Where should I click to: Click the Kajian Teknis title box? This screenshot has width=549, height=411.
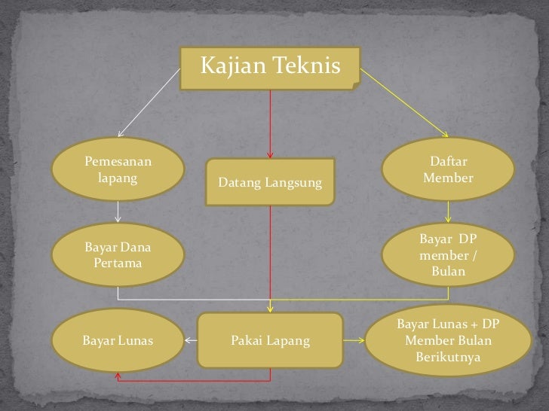click(x=270, y=68)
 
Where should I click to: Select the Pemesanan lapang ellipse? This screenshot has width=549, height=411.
click(x=118, y=169)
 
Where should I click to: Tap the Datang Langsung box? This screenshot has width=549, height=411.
click(x=270, y=181)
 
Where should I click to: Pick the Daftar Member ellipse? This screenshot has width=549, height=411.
click(x=448, y=169)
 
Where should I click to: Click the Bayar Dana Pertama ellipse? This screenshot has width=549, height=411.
click(x=118, y=254)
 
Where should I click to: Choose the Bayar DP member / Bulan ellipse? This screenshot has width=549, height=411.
click(x=448, y=254)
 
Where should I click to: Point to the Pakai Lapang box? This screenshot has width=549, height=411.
click(x=270, y=340)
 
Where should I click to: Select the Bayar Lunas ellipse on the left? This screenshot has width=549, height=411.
click(x=118, y=340)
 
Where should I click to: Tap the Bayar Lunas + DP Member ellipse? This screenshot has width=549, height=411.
click(x=448, y=340)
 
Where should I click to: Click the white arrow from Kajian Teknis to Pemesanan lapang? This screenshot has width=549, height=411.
click(x=149, y=102)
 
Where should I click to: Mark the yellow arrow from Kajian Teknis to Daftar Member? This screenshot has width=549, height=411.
click(x=404, y=102)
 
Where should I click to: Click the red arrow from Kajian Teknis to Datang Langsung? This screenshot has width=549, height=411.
click(x=270, y=124)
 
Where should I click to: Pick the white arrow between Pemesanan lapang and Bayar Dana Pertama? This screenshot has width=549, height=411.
click(x=118, y=212)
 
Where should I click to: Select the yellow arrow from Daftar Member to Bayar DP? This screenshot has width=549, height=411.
click(x=448, y=212)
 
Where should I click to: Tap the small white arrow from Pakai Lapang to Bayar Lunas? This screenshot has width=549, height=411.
click(x=192, y=340)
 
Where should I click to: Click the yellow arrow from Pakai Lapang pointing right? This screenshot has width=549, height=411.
click(x=354, y=340)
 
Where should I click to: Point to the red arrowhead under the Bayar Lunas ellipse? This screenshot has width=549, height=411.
click(x=118, y=376)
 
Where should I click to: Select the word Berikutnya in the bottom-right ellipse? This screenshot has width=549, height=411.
click(x=448, y=357)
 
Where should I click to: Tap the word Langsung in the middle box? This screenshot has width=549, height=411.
click(x=293, y=183)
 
